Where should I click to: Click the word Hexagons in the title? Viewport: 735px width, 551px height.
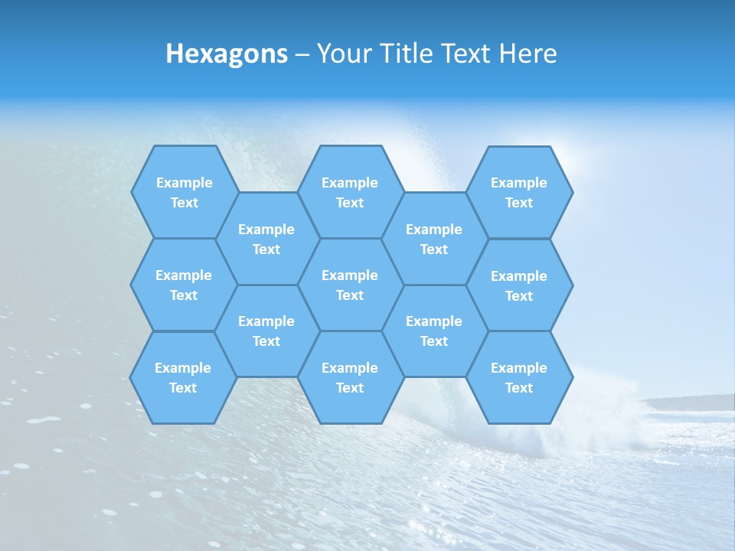(227, 54)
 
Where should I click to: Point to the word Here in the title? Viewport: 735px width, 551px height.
(528, 54)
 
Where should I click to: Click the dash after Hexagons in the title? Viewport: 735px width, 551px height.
(302, 54)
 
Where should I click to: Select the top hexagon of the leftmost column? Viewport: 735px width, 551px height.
(184, 192)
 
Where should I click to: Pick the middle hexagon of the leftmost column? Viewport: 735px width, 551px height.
(184, 285)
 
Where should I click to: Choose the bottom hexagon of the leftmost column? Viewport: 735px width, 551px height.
(183, 377)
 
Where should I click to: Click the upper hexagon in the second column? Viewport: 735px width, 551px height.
(266, 239)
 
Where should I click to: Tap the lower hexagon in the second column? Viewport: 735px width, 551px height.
(266, 331)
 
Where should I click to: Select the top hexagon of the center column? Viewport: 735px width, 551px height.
(350, 192)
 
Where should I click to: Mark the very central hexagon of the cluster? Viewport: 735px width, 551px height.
(350, 285)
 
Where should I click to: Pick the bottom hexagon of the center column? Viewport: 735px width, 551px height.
(350, 377)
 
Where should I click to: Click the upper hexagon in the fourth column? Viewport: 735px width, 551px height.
(434, 239)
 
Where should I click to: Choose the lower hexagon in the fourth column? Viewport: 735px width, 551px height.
(434, 331)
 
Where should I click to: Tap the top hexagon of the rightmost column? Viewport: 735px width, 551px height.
(519, 192)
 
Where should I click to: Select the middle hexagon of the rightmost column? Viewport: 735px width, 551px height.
(519, 285)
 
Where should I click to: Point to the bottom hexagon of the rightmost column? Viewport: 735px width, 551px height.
(519, 377)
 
